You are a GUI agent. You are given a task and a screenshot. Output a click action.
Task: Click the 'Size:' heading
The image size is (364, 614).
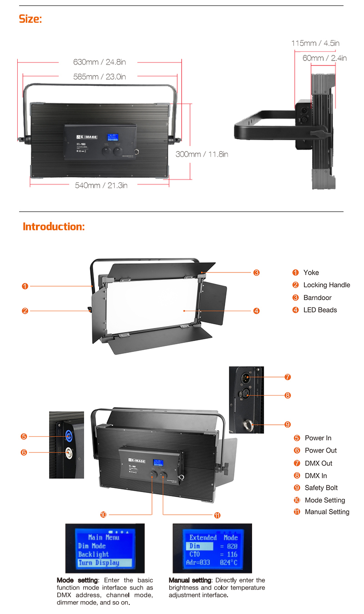click(x=30, y=19)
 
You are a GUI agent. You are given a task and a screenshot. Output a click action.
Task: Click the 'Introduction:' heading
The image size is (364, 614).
click(x=54, y=226)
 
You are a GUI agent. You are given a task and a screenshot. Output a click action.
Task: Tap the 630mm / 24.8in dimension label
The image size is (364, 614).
click(x=99, y=62)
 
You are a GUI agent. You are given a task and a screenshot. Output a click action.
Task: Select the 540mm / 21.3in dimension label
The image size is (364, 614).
click(x=101, y=185)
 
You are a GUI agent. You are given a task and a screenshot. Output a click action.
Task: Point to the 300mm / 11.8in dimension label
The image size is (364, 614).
click(x=202, y=154)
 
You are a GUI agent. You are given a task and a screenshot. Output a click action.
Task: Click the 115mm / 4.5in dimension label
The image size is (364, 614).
click(x=315, y=43)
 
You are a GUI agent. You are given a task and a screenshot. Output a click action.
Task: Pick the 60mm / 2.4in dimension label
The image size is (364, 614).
click(x=324, y=58)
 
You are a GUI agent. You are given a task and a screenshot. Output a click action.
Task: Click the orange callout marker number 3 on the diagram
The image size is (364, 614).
click(x=257, y=272)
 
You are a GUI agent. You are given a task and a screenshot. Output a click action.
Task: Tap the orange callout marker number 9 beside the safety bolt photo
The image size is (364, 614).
click(x=288, y=424)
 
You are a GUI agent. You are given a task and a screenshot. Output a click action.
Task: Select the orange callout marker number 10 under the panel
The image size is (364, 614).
click(x=103, y=515)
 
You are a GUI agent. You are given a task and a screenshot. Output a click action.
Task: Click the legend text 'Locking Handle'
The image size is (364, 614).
click(x=327, y=285)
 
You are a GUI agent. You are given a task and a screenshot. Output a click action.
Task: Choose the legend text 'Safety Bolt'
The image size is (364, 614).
click(x=321, y=488)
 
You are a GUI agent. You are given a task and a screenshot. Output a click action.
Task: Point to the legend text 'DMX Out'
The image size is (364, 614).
click(x=318, y=463)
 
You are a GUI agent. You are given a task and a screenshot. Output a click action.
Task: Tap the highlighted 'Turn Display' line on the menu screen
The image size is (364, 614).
click(x=99, y=563)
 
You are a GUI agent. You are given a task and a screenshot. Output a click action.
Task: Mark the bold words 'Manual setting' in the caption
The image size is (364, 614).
click(x=189, y=580)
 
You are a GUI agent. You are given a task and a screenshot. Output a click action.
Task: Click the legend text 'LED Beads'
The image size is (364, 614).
click(x=320, y=310)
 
